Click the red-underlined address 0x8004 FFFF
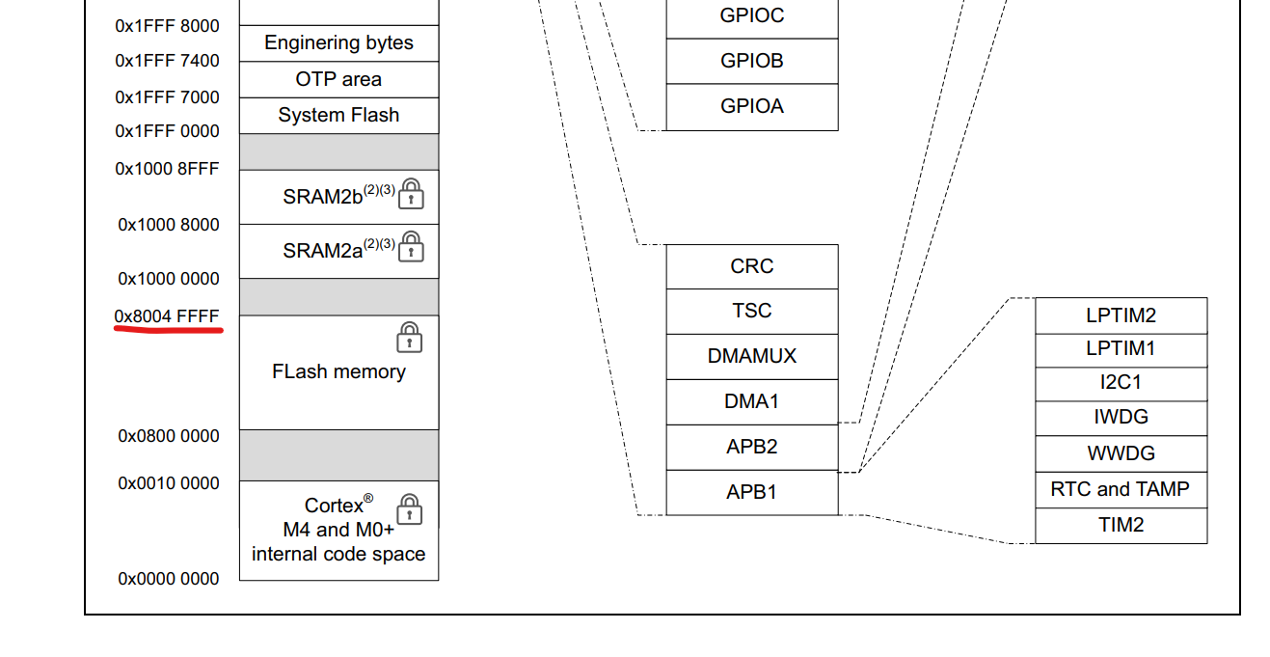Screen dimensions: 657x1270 (x=167, y=316)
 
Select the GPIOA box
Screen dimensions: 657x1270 (x=751, y=106)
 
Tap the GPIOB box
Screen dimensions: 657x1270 (x=751, y=61)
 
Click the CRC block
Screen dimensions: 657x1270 (x=751, y=266)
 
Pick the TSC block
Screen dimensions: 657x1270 (x=751, y=311)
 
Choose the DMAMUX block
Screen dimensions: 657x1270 (x=751, y=356)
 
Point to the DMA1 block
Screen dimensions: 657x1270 (x=751, y=401)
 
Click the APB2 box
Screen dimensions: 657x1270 (x=751, y=447)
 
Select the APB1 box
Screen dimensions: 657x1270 (x=751, y=492)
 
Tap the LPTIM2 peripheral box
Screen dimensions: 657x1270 (x=1121, y=315)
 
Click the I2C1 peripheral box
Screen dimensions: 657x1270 (x=1121, y=383)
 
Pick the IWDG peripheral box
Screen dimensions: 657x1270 (x=1121, y=418)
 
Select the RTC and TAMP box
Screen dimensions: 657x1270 (x=1121, y=489)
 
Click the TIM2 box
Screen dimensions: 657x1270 (x=1121, y=525)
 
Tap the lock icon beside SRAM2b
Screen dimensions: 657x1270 (x=412, y=193)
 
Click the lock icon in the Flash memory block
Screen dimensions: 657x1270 (x=410, y=338)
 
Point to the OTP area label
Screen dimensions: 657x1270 (x=338, y=79)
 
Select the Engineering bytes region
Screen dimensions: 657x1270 (x=338, y=43)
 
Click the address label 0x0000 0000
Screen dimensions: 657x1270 (x=169, y=579)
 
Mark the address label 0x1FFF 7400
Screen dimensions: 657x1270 (x=167, y=61)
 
